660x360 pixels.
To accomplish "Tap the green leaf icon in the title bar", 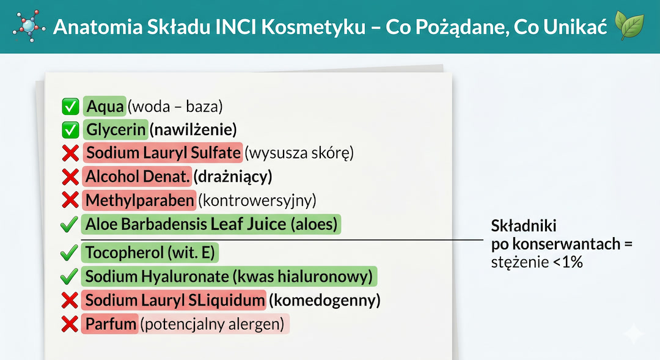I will (629, 26).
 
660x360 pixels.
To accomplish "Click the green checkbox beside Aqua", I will (71, 107).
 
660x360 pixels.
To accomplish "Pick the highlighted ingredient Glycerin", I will (116, 130).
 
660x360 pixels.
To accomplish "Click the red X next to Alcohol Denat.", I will (71, 177).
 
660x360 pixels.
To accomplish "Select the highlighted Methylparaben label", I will (140, 200).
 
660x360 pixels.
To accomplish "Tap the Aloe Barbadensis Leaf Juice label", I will (211, 224).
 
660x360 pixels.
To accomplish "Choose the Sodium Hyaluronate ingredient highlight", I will (229, 276).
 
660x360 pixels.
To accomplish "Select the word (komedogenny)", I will (324, 301).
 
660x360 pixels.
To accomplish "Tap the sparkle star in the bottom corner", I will (634, 334).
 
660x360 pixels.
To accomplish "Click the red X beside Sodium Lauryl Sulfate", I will (71, 153).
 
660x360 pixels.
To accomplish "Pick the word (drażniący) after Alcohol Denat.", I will (233, 177).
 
